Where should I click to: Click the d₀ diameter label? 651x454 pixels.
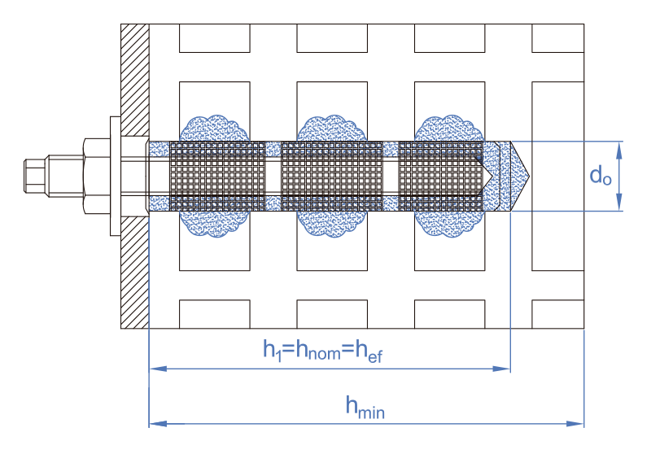(600, 177)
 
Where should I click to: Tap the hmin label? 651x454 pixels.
(365, 407)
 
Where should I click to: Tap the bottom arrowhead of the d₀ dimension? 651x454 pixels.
(621, 204)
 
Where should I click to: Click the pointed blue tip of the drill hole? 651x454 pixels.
(521, 176)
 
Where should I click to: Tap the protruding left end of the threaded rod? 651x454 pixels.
(36, 176)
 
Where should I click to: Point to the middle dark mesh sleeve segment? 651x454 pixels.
(330, 177)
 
